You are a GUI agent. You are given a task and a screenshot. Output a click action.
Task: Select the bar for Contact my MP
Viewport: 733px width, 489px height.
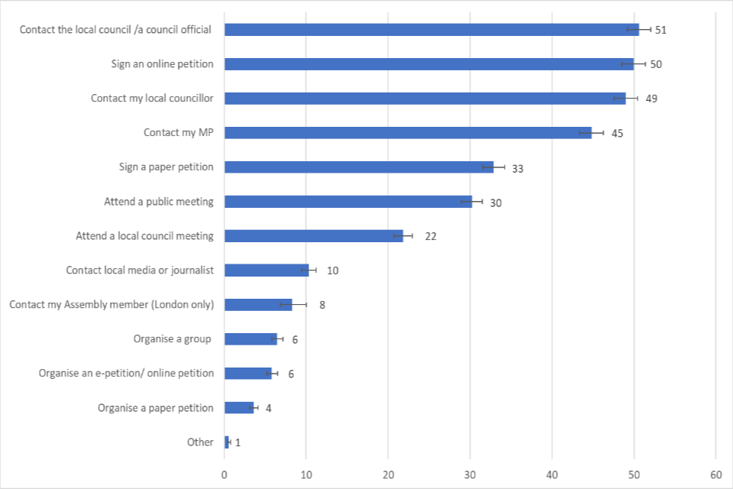(x=408, y=133)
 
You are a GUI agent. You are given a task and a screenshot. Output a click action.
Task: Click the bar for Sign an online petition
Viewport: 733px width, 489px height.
(x=428, y=64)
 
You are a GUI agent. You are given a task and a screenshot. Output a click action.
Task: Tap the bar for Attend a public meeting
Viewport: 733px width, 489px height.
(x=348, y=202)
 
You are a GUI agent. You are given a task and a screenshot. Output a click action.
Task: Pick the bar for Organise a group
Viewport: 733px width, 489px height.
(x=250, y=339)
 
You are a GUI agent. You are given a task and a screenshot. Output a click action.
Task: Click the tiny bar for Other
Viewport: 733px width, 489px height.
(x=227, y=442)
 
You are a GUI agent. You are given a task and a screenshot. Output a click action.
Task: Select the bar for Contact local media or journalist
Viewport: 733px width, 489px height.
(x=266, y=270)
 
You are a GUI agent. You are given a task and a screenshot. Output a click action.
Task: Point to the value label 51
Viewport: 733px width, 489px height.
(x=661, y=30)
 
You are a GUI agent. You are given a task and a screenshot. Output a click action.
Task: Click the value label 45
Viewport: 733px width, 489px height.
(x=617, y=133)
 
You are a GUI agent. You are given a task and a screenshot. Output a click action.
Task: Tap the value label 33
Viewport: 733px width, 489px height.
(x=517, y=168)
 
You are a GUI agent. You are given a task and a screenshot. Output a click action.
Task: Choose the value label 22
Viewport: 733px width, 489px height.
(x=430, y=236)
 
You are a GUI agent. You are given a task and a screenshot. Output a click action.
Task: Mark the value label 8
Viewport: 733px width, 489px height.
(x=322, y=305)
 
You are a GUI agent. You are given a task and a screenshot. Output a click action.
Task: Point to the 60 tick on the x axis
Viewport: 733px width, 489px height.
(x=715, y=474)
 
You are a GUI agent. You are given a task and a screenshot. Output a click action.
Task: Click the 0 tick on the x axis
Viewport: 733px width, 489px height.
(x=224, y=474)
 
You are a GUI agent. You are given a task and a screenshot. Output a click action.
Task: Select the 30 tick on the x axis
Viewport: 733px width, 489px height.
(x=470, y=474)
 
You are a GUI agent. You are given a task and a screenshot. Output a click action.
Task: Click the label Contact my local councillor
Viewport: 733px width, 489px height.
(x=152, y=99)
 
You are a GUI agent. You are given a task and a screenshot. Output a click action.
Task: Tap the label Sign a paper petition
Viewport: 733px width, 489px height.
(x=166, y=167)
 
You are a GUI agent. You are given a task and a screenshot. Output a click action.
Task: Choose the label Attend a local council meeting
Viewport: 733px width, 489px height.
(x=144, y=236)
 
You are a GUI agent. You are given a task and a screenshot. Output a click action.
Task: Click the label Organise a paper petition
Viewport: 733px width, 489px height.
(x=156, y=408)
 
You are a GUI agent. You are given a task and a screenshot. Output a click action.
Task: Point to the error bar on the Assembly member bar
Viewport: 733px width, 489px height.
(x=293, y=305)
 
